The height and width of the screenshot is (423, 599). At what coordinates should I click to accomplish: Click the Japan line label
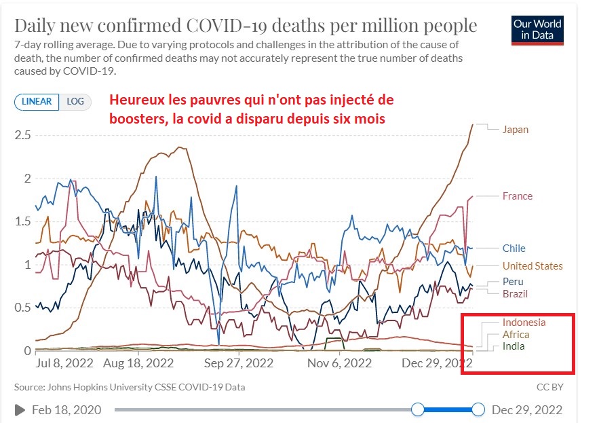click(x=515, y=129)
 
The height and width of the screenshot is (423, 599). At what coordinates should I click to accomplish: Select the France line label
click(x=517, y=196)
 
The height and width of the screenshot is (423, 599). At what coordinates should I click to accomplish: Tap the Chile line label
click(x=514, y=249)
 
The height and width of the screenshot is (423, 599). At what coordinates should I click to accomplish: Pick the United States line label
click(x=533, y=266)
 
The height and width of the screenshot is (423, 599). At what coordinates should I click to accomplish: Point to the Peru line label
click(x=513, y=282)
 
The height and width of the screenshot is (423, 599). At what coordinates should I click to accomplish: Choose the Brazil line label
click(x=515, y=294)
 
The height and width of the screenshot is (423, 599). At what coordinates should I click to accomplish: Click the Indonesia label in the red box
click(x=524, y=323)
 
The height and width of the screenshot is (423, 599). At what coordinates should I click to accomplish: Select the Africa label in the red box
click(x=516, y=335)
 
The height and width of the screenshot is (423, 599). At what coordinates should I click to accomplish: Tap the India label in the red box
click(x=514, y=347)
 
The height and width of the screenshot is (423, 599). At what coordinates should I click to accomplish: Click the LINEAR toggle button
click(x=37, y=102)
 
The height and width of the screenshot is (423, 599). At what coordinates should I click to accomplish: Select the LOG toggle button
click(x=75, y=102)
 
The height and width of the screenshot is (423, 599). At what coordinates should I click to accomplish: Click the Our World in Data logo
click(x=537, y=30)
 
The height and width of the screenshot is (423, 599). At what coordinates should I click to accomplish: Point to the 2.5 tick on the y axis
click(x=23, y=135)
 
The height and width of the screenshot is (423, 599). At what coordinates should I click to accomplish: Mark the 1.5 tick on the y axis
click(x=23, y=221)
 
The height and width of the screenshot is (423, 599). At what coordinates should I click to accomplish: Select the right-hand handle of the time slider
click(x=478, y=409)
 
